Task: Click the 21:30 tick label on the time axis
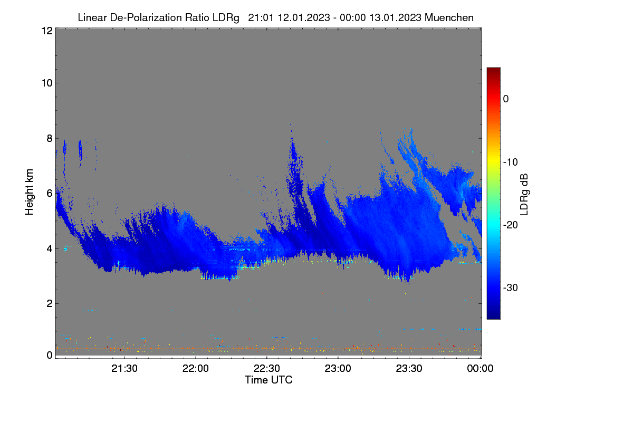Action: click(x=124, y=368)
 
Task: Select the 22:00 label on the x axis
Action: click(x=196, y=368)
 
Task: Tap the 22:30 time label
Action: click(x=267, y=368)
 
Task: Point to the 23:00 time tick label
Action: click(x=338, y=368)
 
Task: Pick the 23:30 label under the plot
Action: click(x=409, y=368)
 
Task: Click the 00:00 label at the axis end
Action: click(x=480, y=368)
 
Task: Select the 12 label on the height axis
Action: click(x=47, y=31)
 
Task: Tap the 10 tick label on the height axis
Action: click(x=47, y=83)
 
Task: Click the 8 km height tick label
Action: click(x=50, y=138)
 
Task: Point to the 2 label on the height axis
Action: click(x=50, y=303)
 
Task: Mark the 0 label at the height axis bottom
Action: click(x=50, y=356)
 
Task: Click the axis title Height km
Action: click(x=29, y=192)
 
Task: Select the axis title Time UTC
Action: click(x=268, y=380)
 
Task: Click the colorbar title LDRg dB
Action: click(x=524, y=195)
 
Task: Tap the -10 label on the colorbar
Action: click(x=511, y=162)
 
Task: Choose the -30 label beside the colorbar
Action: click(x=511, y=287)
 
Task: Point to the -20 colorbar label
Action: click(x=511, y=225)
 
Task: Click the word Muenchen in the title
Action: click(x=449, y=17)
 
